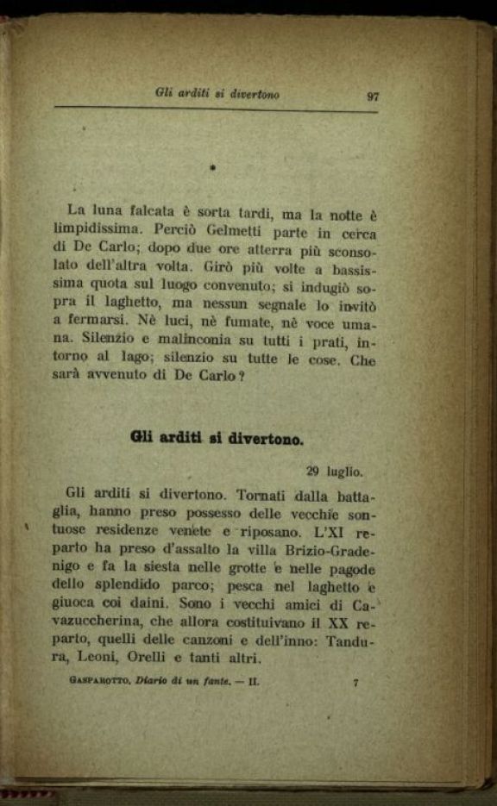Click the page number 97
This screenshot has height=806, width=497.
(x=372, y=96)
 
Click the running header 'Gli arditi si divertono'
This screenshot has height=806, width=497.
(x=217, y=93)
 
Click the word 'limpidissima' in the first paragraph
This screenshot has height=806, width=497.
(x=106, y=230)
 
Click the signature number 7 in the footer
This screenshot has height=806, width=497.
(x=355, y=684)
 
